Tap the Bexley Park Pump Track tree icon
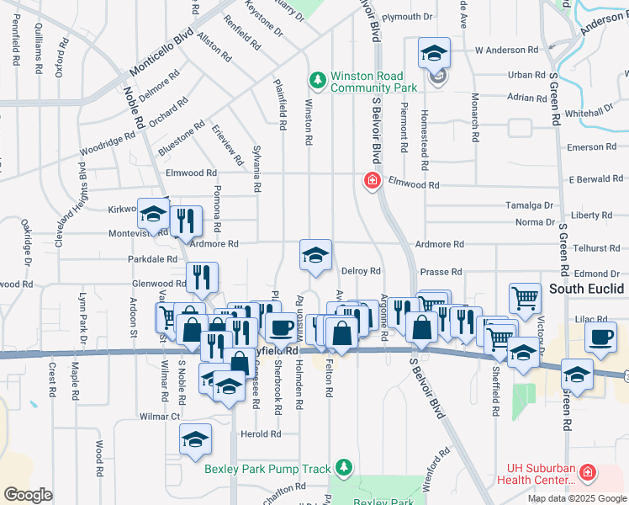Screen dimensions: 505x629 tap(342, 467)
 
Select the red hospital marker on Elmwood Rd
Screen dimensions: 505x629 tap(370, 180)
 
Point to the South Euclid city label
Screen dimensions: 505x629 tap(588, 289)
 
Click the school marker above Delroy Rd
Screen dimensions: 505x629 tap(315, 256)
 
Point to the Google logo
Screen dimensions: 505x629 tap(28, 495)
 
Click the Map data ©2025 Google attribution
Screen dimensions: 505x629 tap(577, 498)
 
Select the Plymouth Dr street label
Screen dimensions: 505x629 tap(406, 16)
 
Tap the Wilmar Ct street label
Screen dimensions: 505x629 tap(160, 416)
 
